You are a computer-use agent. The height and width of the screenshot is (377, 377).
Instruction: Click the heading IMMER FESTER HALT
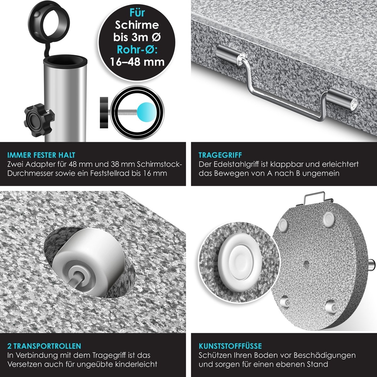(41, 155)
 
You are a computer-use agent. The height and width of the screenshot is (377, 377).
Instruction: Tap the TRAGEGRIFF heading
(220, 155)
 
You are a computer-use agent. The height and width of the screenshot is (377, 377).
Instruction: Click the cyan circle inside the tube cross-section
(146, 111)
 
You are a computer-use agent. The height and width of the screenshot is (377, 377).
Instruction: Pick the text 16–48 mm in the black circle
(137, 62)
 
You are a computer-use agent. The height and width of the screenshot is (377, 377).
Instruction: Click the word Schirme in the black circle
(137, 25)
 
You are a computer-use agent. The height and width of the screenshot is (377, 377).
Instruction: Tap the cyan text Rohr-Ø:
(137, 50)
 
